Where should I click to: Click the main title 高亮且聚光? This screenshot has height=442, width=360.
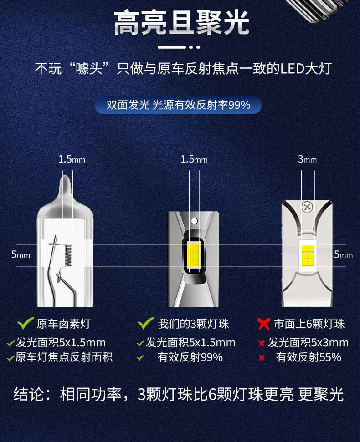tap(182, 23)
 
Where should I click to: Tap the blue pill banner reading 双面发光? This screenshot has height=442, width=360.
tap(178, 105)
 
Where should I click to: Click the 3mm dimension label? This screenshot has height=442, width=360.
tap(307, 160)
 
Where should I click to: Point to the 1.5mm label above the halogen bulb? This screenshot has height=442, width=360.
tap(72, 160)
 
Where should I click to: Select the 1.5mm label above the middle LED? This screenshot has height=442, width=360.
tap(194, 160)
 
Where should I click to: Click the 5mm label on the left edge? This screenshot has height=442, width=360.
tap(21, 254)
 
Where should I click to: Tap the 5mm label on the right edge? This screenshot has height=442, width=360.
tap(343, 254)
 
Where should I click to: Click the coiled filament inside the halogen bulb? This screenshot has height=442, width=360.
tap(68, 255)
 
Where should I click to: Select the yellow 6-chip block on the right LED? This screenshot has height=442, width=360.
tap(308, 256)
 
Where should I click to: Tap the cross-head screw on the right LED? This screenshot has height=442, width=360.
tap(307, 207)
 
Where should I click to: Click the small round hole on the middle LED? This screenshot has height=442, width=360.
tap(194, 221)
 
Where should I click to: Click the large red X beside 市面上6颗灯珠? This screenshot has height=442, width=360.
tap(264, 324)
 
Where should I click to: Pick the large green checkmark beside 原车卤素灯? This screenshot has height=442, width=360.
tap(26, 323)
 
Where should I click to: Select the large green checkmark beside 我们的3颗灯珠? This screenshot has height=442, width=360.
tap(146, 323)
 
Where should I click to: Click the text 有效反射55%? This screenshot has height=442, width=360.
tap(309, 357)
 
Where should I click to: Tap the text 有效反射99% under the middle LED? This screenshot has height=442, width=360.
tap(190, 357)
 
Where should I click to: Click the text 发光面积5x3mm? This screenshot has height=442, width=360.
tap(308, 343)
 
